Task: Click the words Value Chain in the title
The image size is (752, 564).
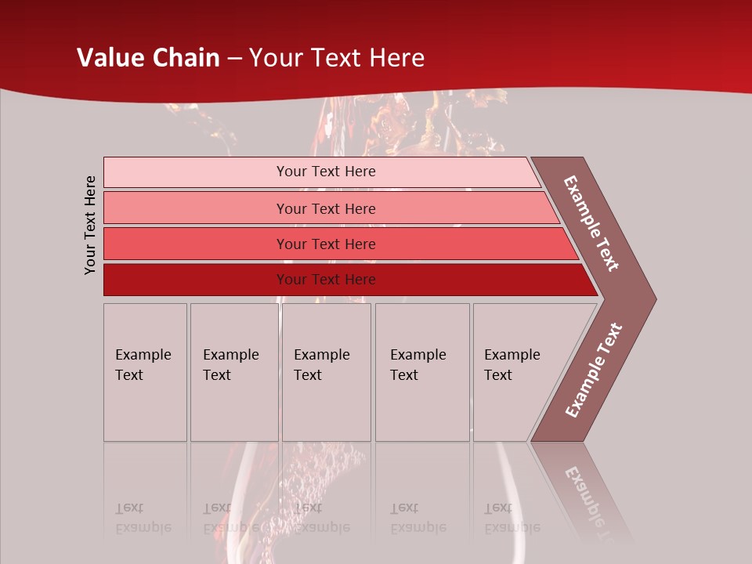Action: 148,58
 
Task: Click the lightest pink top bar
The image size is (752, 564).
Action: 196,172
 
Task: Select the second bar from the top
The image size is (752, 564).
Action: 196,208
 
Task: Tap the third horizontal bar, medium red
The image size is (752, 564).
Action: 196,244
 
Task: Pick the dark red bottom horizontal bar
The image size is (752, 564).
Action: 196,280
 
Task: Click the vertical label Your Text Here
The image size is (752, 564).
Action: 91,226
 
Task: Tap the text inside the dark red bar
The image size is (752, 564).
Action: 326,280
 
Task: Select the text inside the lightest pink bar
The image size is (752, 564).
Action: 326,172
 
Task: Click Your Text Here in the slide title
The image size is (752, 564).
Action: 337,58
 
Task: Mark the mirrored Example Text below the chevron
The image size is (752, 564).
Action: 591,501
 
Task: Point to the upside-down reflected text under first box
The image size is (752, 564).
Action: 143,519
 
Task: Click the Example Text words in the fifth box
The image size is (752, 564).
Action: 512,365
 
